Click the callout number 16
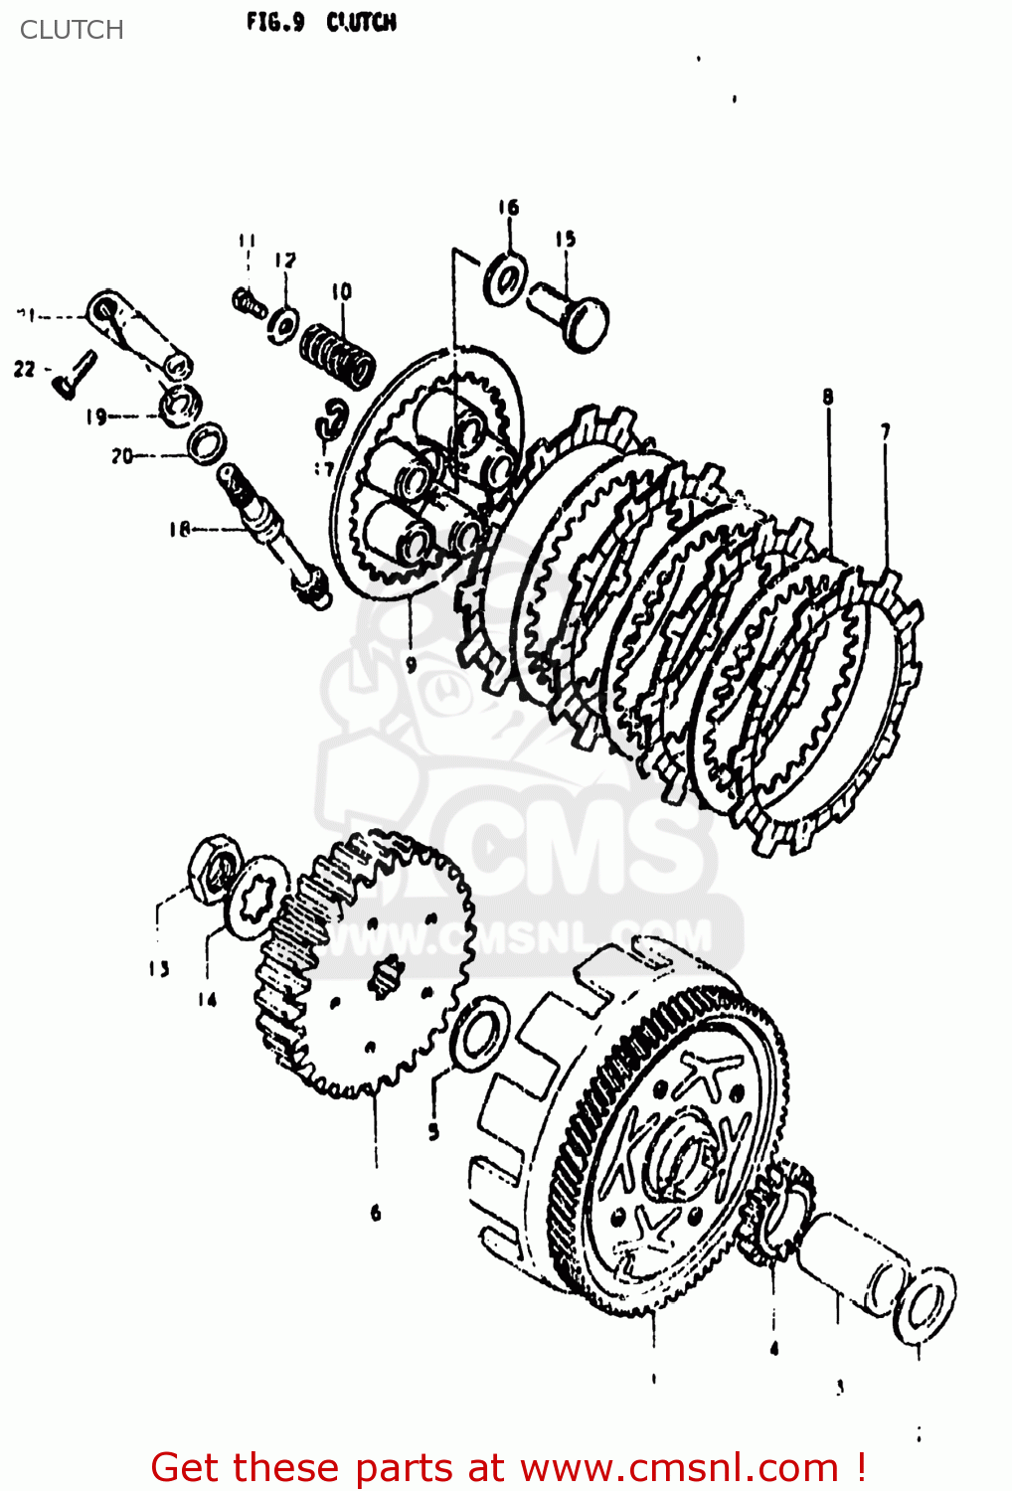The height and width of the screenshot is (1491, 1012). click(x=508, y=208)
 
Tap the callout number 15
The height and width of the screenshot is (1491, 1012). click(x=565, y=239)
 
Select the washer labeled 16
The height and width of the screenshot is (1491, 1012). click(x=506, y=279)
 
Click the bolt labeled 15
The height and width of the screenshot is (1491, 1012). click(x=570, y=312)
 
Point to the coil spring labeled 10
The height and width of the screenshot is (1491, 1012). click(x=338, y=353)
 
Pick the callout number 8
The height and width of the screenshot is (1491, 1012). click(x=827, y=398)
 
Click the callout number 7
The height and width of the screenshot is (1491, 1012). click(x=884, y=430)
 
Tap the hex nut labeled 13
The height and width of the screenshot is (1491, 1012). click(x=214, y=868)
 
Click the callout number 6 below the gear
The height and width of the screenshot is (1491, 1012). click(x=376, y=1213)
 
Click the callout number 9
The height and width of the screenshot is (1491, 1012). click(x=411, y=664)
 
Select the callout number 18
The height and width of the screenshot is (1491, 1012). click(x=179, y=530)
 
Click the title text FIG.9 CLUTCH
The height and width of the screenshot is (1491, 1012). click(x=321, y=22)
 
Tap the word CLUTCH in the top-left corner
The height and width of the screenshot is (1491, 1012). click(x=72, y=30)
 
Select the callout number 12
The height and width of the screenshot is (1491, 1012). click(x=285, y=261)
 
